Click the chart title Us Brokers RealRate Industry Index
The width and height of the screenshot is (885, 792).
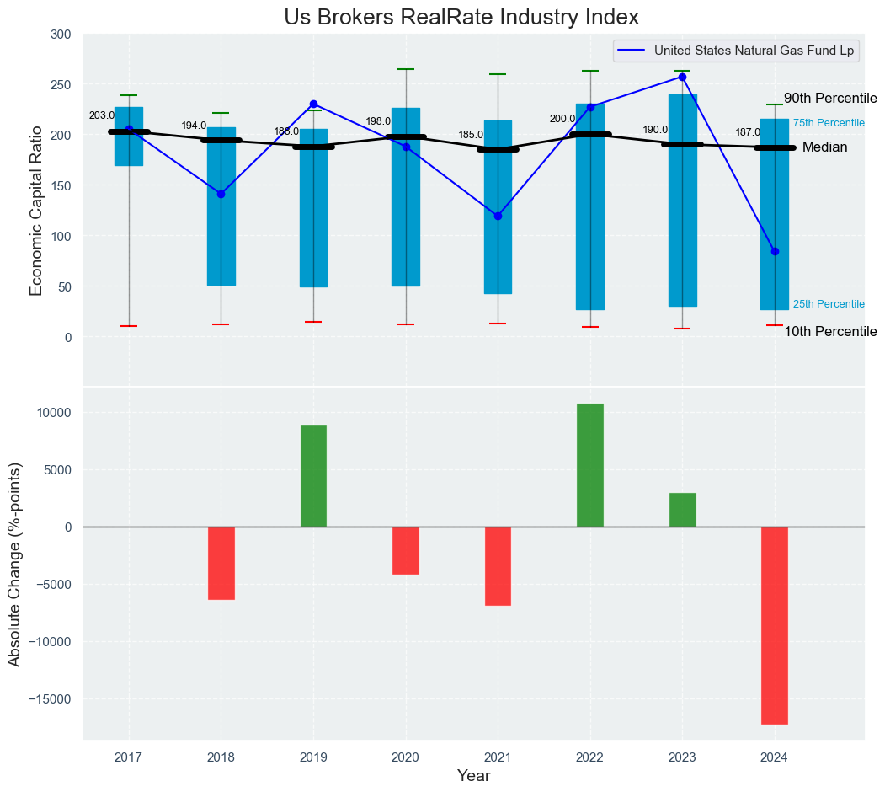tap(461, 18)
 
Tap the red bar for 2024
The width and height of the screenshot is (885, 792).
tap(774, 625)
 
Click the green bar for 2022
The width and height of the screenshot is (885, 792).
tap(590, 465)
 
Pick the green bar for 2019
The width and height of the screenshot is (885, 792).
tap(313, 476)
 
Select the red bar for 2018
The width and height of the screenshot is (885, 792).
tap(221, 563)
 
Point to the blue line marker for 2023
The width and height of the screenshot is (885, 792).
tap(682, 78)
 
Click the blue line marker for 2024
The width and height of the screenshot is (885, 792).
tap(775, 251)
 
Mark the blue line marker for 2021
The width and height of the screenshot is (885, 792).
tap(498, 216)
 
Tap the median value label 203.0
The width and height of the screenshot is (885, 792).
tap(101, 115)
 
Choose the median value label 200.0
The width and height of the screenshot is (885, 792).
tap(562, 119)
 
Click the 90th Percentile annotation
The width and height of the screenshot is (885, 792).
tap(830, 99)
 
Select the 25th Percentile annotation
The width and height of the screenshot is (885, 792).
tap(829, 304)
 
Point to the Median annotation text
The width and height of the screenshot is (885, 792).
tap(824, 147)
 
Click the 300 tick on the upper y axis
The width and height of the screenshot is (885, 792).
tap(61, 35)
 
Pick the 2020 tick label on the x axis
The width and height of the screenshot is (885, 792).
tap(406, 757)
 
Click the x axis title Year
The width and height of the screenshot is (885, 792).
tap(474, 776)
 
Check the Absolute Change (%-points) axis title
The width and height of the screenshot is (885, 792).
tap(15, 564)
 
